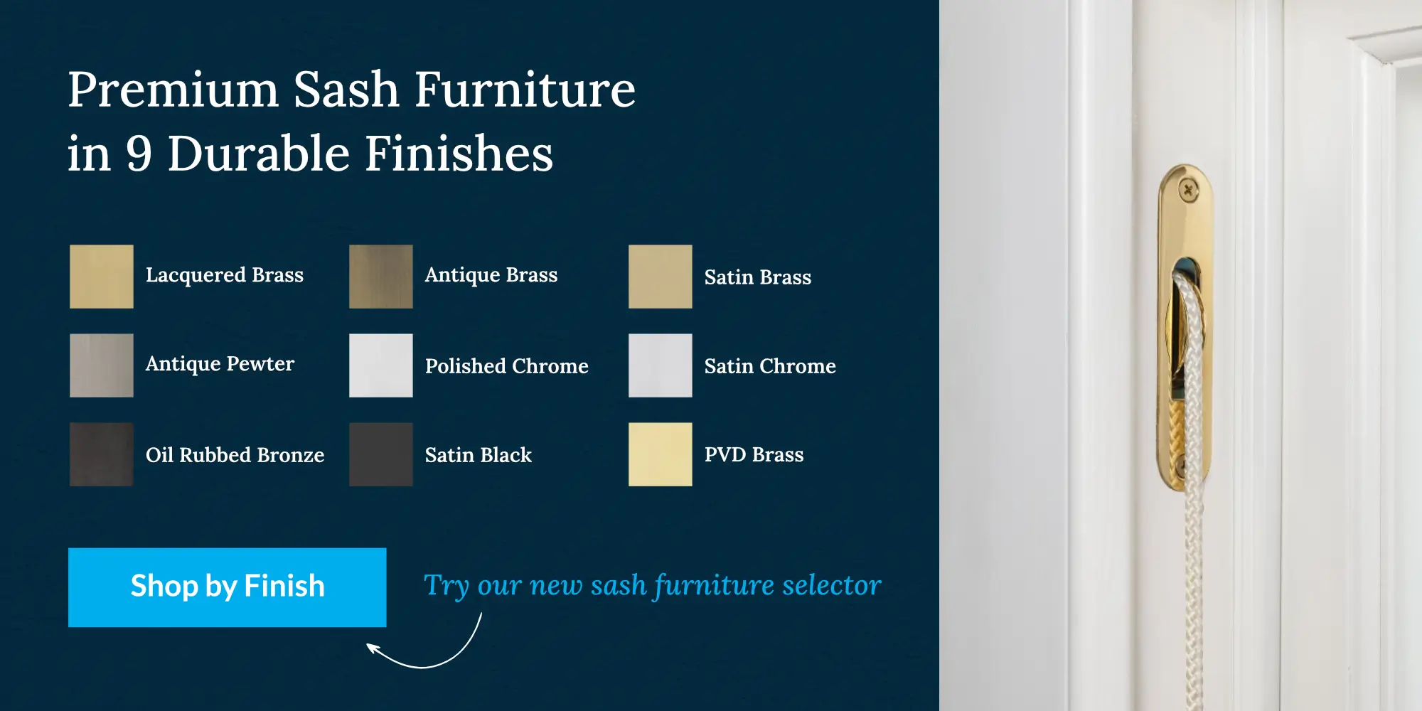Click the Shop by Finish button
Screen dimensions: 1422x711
(228, 587)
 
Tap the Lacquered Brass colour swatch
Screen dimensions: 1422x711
(102, 277)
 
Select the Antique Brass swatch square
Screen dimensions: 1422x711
(381, 277)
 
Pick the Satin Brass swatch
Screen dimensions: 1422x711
(661, 277)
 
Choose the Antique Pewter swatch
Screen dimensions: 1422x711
(102, 365)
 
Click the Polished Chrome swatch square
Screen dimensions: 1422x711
(381, 365)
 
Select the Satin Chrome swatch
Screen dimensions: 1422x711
(661, 365)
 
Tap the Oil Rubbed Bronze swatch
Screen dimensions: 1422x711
(102, 454)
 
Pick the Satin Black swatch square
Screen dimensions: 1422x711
(381, 454)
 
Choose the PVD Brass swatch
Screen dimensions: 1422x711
(661, 454)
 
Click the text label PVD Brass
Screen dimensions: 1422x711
(754, 454)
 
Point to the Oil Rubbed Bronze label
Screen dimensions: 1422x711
(235, 455)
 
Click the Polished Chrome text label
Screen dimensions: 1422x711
(507, 366)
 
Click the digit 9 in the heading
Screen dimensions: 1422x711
(139, 154)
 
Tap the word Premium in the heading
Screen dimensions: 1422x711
(173, 90)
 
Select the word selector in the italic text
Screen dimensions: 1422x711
(831, 585)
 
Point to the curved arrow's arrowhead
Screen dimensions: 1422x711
(372, 648)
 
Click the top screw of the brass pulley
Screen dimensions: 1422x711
(1188, 191)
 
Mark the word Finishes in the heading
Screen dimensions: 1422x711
(459, 154)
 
